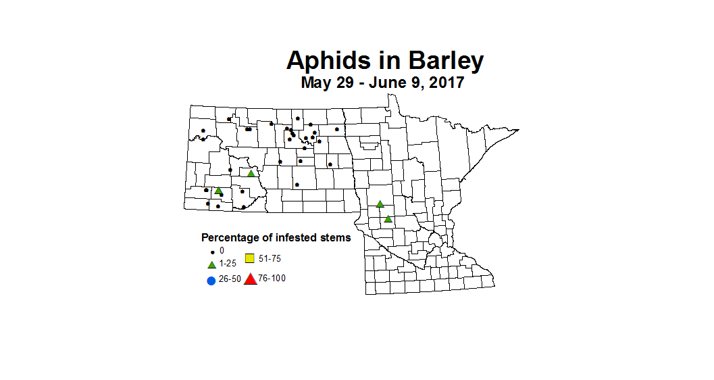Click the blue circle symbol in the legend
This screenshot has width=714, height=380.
211,280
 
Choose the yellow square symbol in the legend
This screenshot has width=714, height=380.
249,258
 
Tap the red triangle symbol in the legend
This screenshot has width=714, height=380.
250,279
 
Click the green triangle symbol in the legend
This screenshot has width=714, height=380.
211,264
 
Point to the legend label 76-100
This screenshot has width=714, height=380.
272,279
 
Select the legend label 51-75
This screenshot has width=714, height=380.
270,258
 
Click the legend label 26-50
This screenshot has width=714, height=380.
230,279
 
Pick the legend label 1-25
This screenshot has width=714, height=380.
228,264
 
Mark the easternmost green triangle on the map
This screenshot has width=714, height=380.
388,218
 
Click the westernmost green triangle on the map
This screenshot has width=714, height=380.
218,191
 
